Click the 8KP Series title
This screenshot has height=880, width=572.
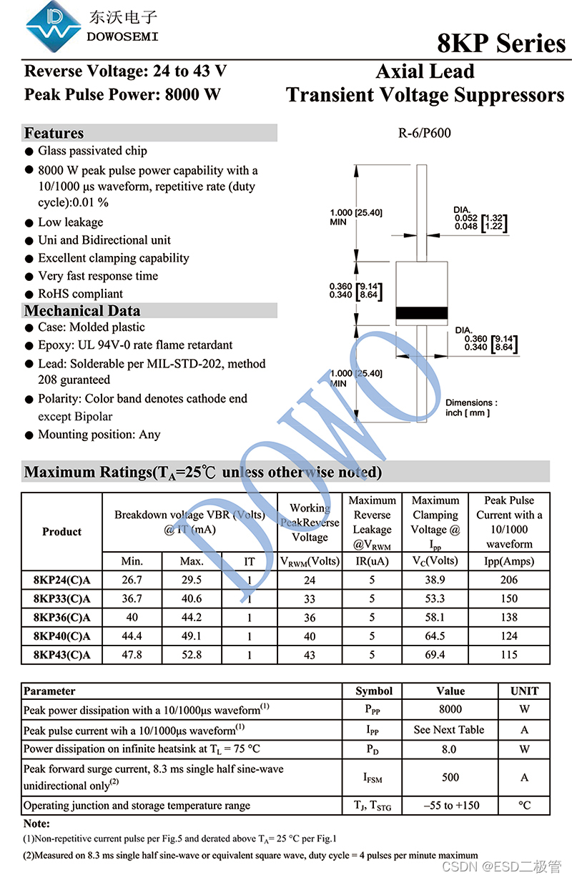click(x=501, y=44)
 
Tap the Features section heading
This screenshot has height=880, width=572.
click(x=54, y=133)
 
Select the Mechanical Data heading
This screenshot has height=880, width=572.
click(x=82, y=310)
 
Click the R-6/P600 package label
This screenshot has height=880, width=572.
click(x=425, y=133)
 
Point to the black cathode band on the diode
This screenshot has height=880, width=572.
click(x=422, y=313)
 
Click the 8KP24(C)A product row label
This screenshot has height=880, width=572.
click(x=61, y=580)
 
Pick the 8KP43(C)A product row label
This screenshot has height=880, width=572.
click(x=61, y=654)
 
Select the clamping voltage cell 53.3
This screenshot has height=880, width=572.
click(x=435, y=598)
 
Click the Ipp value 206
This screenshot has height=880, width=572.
click(x=509, y=580)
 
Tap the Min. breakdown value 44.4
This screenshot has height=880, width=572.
click(x=132, y=636)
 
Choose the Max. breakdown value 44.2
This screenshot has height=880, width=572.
click(x=192, y=617)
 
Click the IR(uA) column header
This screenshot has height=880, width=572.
click(x=372, y=561)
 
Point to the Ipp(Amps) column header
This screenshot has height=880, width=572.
click(x=509, y=561)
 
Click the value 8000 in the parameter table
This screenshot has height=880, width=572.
click(x=450, y=709)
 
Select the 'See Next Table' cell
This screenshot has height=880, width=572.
click(x=449, y=730)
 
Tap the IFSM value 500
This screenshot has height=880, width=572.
click(x=450, y=777)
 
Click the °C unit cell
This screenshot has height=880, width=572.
click(x=525, y=805)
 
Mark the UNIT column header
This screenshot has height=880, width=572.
click(x=525, y=691)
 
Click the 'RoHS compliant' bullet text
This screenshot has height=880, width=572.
click(x=80, y=294)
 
